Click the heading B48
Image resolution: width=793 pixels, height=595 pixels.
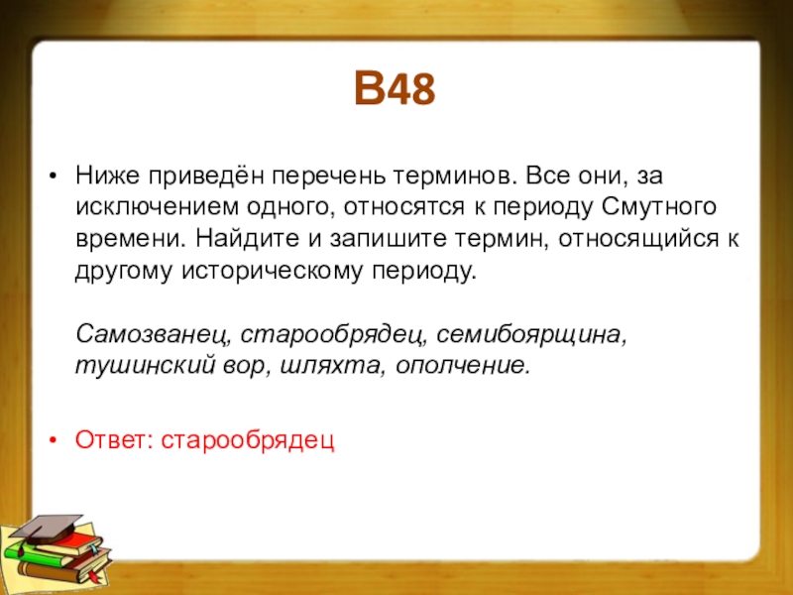[395, 88]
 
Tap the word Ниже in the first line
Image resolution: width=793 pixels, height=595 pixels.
[108, 177]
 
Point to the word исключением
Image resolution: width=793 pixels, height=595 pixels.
[157, 207]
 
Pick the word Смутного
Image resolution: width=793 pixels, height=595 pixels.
[659, 207]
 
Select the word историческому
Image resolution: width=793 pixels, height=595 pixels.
[272, 271]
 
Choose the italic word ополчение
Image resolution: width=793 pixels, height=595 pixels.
[463, 366]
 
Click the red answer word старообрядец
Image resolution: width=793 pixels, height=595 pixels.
[247, 440]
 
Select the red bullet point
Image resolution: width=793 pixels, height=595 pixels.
[53, 440]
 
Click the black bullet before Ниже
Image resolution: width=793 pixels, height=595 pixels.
[53, 178]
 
